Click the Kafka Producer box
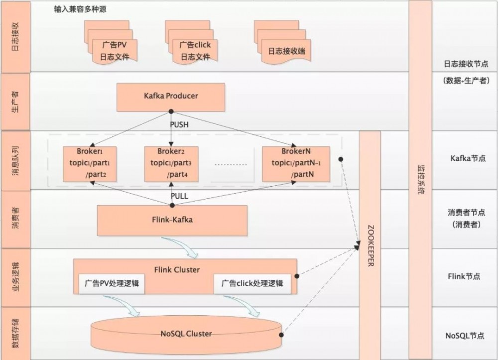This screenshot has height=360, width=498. click(x=171, y=97)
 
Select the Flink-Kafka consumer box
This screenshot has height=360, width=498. click(x=172, y=220)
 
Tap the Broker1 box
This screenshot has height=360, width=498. click(x=90, y=163)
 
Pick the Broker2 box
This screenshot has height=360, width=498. click(x=171, y=163)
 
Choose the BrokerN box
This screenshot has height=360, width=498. click(x=296, y=163)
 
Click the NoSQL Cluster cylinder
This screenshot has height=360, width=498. click(x=186, y=334)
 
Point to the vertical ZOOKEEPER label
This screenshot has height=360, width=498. click(x=370, y=244)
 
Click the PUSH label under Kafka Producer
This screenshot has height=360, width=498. click(x=179, y=124)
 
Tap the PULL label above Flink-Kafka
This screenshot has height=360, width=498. click(x=179, y=196)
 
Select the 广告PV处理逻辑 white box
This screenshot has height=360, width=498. click(x=109, y=283)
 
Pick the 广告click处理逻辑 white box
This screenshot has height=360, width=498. click(x=252, y=283)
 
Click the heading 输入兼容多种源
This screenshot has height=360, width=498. click(x=80, y=9)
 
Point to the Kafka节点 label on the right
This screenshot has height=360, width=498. click(x=468, y=158)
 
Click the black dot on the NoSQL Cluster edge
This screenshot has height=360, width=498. click(x=282, y=335)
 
